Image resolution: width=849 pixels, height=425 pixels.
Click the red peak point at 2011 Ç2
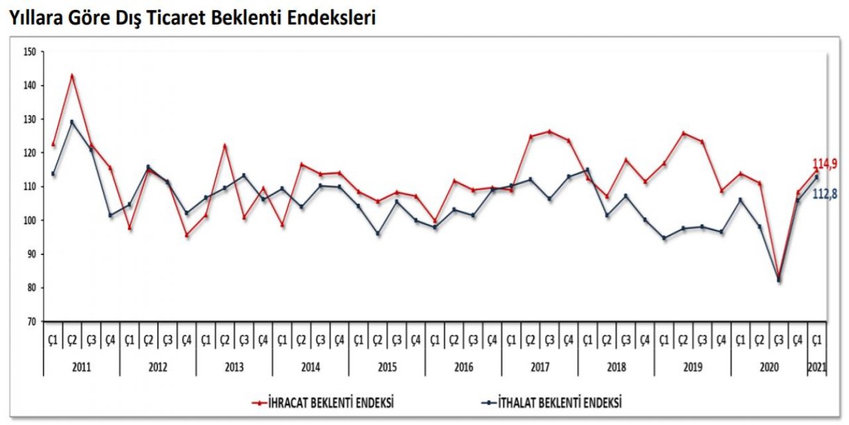coord(72,76)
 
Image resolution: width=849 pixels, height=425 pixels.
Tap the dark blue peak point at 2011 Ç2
coord(72,122)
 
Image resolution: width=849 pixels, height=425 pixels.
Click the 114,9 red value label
coord(824,164)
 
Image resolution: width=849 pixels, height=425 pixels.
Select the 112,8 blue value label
coord(824,193)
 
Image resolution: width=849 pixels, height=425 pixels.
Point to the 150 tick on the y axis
coord(29,52)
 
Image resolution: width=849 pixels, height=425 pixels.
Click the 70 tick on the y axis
coord(31,321)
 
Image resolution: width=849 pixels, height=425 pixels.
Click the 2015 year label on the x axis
coord(387,367)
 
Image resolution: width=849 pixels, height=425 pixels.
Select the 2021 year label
coord(817,367)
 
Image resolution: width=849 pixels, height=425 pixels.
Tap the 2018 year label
coord(616,367)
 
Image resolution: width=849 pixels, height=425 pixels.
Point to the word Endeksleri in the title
coord(337,19)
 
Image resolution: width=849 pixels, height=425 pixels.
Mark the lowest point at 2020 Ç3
coord(779,280)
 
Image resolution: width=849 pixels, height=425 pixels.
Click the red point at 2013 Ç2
coord(225,145)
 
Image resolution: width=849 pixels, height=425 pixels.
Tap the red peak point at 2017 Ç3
coord(549,131)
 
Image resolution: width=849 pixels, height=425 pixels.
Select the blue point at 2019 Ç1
coord(664,238)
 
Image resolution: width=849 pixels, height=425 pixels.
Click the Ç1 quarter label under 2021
coord(817,340)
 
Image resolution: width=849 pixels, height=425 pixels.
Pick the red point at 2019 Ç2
coord(683,133)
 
